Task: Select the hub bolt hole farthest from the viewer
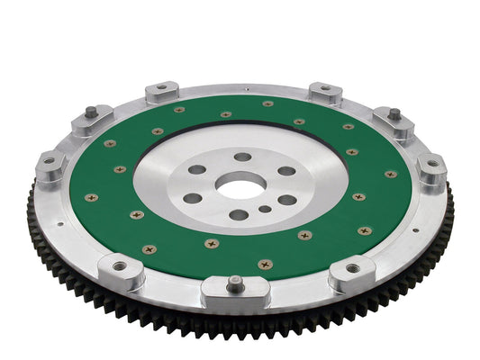pyautogui.click(x=242, y=157)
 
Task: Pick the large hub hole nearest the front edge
pyautogui.click(x=238, y=215)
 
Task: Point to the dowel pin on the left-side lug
pyautogui.click(x=90, y=112)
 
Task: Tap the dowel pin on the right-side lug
pyautogui.click(x=394, y=114)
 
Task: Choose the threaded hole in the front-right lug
pyautogui.click(x=352, y=267)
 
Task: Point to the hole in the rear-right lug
pyautogui.click(x=325, y=89)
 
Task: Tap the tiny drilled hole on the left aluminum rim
pyautogui.click(x=60, y=226)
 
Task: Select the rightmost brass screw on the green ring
pyautogui.click(x=391, y=174)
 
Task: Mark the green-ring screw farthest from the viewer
pyautogui.click(x=267, y=103)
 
